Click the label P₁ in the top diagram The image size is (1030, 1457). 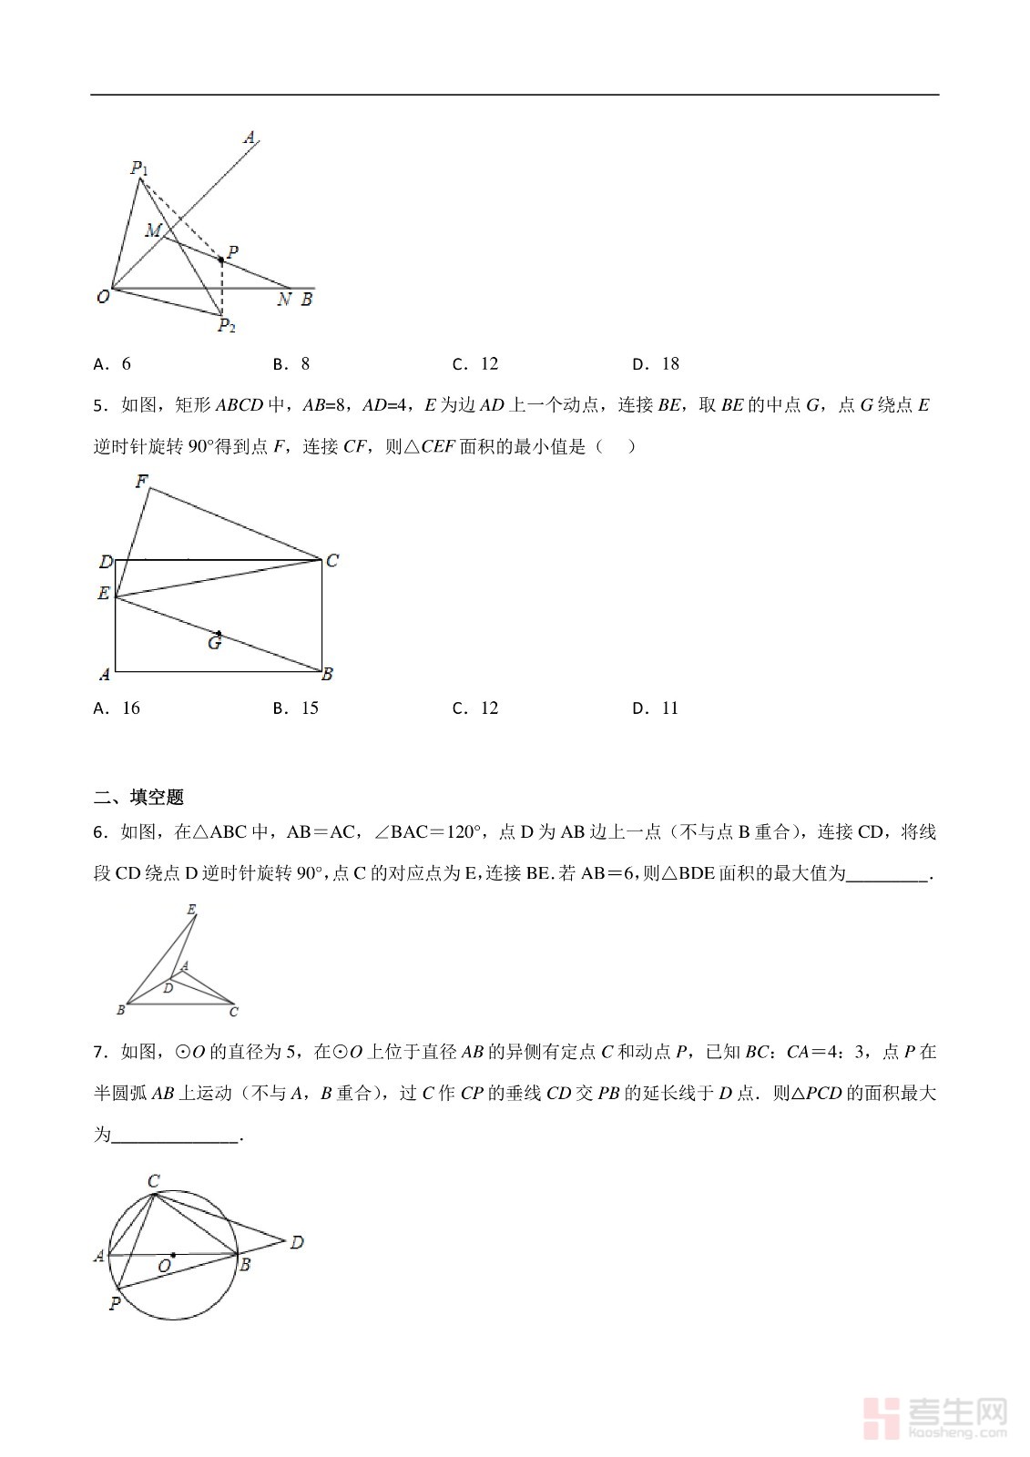(139, 168)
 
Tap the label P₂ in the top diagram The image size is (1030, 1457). (226, 325)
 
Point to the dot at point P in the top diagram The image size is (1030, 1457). (221, 260)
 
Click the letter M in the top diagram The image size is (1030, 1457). (153, 230)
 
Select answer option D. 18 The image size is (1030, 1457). (656, 364)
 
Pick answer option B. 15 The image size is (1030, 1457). (296, 708)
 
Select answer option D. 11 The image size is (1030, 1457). (656, 708)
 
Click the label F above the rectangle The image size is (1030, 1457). (142, 481)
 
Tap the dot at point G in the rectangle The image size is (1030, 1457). (219, 633)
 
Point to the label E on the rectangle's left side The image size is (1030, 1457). (104, 594)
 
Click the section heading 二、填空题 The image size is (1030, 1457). (138, 797)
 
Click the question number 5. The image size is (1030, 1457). (99, 406)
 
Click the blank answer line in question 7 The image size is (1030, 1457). (174, 1136)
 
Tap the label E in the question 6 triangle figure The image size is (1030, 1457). (191, 910)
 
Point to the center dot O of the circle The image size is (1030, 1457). (173, 1254)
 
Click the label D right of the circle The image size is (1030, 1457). (296, 1242)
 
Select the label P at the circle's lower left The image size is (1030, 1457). (115, 1303)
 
